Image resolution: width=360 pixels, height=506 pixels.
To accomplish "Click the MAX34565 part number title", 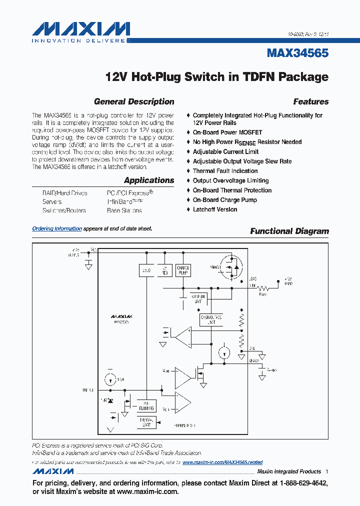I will coord(297,53).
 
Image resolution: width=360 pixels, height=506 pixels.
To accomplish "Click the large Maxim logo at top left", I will coord(80,29).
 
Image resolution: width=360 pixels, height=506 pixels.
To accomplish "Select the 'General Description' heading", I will coord(134,101).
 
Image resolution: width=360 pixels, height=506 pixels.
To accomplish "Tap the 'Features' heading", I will coord(310,101).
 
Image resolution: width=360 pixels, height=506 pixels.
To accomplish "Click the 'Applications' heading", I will coord(149,180).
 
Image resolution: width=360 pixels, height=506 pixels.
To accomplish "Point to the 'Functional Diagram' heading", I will coord(289,231).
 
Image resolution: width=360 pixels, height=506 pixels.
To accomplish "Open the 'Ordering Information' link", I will coord(57,228).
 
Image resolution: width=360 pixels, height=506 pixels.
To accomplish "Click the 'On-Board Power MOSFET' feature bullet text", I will coord(227,132).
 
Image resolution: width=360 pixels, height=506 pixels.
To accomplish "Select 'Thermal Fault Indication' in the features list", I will coord(225,171).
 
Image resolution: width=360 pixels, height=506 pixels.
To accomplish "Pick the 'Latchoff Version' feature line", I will coord(215,209).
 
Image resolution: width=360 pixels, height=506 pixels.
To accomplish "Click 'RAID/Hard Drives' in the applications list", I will coord(65,192).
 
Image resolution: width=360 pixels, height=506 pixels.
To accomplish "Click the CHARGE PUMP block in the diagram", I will coord(183,270).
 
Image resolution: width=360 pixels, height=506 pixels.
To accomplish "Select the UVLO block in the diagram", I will coord(146,270).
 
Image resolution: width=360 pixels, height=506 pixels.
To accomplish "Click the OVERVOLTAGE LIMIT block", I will coord(211,320).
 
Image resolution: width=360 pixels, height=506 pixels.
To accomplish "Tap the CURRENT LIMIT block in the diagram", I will coord(197,298).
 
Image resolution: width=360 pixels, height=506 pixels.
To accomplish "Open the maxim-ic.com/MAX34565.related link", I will coord(222,462).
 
